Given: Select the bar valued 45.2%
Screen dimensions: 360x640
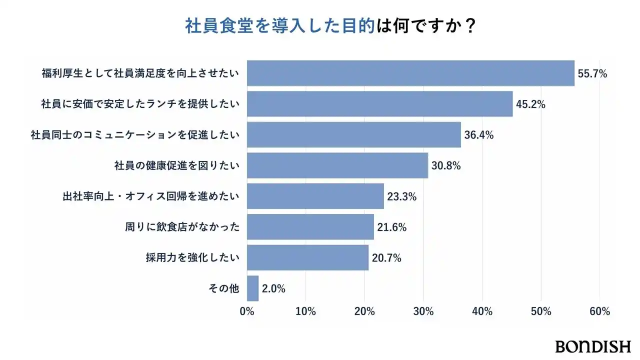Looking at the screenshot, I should coord(380,104).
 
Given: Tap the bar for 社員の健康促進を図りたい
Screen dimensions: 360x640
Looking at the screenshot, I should coord(338,165).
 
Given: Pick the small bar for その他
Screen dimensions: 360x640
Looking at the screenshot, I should coord(253,288).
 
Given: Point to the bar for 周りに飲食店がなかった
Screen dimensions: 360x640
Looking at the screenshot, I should coord(310,227).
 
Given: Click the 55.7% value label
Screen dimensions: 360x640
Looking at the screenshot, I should coord(592,74).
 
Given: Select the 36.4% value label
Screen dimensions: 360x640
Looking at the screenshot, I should coord(479,135).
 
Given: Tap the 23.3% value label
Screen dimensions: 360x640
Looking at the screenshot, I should coord(402,196).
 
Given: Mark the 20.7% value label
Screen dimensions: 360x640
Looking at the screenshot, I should coord(386,258).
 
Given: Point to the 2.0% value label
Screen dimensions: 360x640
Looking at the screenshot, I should coord(273,288).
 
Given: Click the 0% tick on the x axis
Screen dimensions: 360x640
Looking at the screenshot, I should coord(247,311).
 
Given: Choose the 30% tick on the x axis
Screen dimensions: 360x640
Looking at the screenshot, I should coord(423,311).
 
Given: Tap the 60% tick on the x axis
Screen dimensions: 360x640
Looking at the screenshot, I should coord(599,311).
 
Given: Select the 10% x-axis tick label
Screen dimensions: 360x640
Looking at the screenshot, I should coord(305,311).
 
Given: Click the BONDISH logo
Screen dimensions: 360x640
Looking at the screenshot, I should coord(592,346).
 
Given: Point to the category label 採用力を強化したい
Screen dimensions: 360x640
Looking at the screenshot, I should coord(193,258).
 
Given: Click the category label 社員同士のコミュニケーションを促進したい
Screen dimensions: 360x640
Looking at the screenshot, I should coord(135,135).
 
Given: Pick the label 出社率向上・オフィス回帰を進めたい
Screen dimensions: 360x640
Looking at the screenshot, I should coord(147,196).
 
